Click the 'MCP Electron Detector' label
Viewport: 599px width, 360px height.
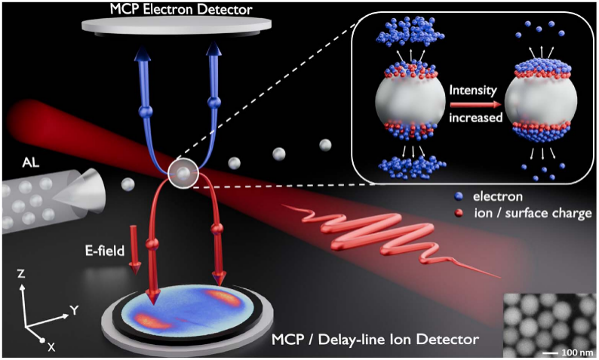(181, 9)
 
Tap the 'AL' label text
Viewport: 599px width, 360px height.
(31, 163)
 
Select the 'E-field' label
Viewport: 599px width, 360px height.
(105, 251)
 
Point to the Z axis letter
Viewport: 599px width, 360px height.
(21, 274)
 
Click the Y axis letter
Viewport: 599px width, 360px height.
(75, 310)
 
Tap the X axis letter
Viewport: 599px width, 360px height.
(51, 347)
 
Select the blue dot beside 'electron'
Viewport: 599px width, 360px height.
(459, 196)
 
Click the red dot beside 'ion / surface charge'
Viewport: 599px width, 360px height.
(459, 213)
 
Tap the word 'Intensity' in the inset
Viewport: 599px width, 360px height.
(473, 91)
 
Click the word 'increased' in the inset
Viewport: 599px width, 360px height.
(475, 117)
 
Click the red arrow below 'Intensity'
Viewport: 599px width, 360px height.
(475, 104)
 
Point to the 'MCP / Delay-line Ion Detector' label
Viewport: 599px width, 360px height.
(375, 339)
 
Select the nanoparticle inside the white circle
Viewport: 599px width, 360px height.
(184, 174)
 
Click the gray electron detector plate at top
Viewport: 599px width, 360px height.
(177, 26)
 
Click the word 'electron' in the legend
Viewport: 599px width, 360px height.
(498, 196)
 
